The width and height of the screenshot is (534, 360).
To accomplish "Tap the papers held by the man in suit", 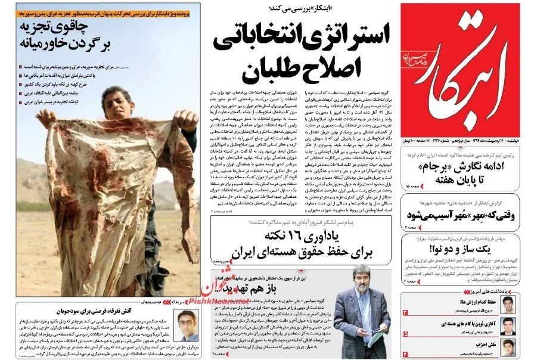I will click(374, 335).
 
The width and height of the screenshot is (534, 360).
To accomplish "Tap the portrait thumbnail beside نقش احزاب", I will click(508, 347).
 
